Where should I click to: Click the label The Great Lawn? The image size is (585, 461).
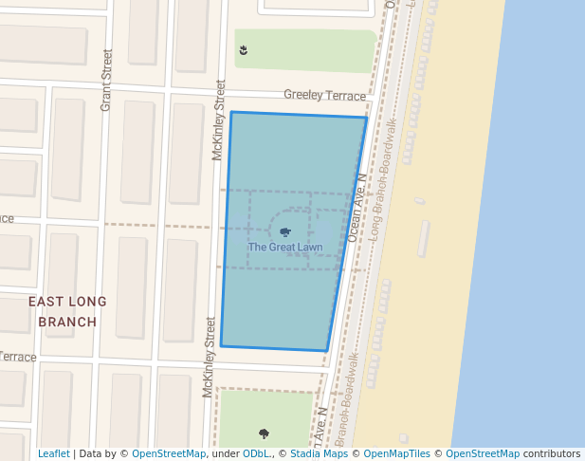tap(284, 248)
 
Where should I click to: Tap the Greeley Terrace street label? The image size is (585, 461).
tap(324, 96)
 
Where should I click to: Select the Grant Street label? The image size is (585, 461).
tap(106, 80)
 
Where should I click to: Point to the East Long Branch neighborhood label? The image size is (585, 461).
tap(67, 311)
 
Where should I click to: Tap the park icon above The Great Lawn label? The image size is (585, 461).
tap(285, 231)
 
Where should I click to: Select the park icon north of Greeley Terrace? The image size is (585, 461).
tap(244, 49)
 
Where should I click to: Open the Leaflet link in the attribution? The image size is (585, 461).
tap(53, 453)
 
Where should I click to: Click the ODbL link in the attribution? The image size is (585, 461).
tap(255, 453)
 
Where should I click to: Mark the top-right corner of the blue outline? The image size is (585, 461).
tap(366, 118)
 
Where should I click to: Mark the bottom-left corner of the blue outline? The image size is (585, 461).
tap(221, 345)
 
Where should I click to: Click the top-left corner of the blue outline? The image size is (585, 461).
tap(231, 112)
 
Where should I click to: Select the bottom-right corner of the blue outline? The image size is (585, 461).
tap(327, 351)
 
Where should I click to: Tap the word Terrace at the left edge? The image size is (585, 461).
tap(18, 358)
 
